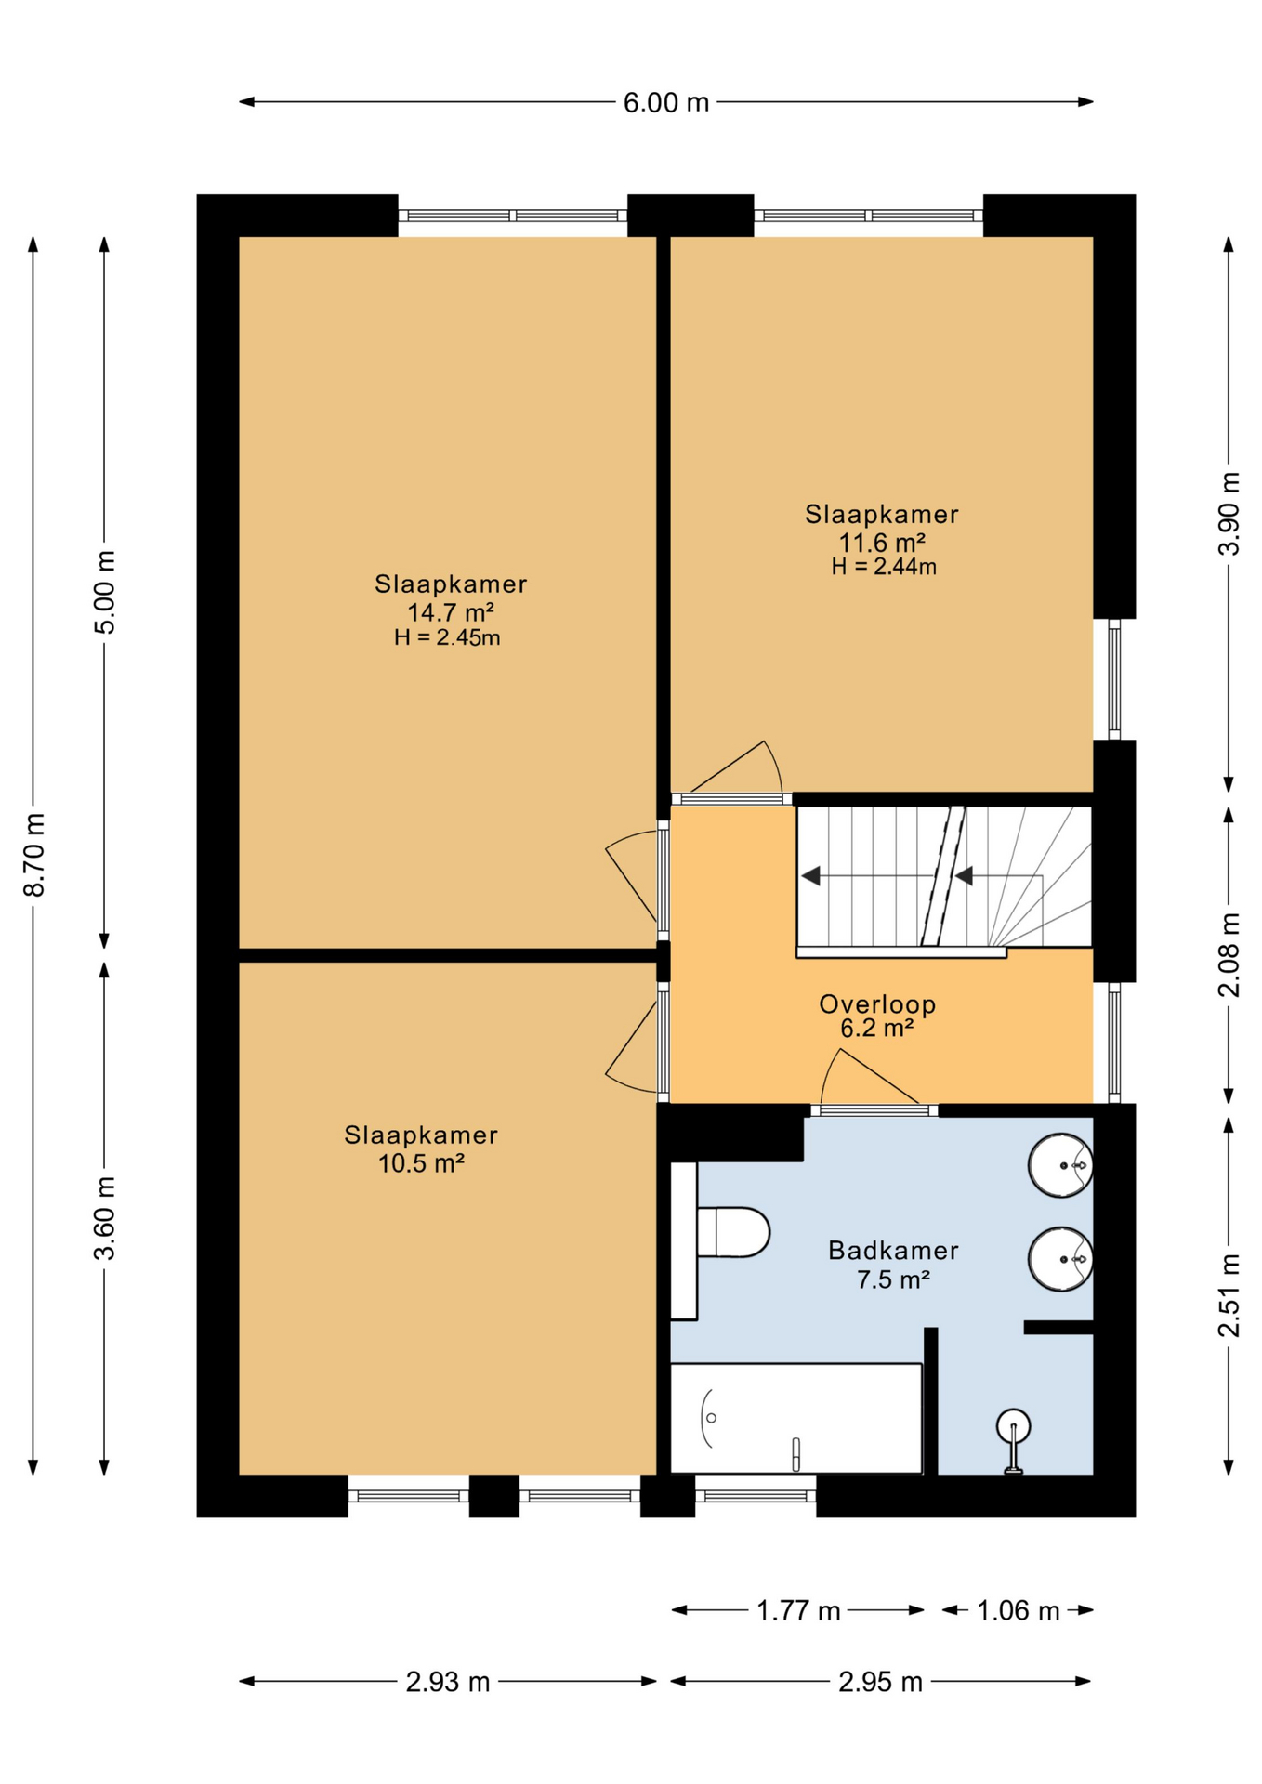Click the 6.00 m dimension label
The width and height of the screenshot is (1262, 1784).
[665, 102]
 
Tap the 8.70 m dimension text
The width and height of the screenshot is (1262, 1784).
[34, 855]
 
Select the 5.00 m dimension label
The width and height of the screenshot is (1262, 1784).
[105, 592]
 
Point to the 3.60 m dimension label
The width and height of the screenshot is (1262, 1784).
[105, 1218]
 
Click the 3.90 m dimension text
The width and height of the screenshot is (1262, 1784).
[1229, 514]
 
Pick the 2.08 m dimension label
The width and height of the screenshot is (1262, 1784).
[1229, 954]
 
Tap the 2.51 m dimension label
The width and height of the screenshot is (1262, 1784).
[1229, 1295]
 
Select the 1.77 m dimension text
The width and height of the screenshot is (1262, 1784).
[798, 1610]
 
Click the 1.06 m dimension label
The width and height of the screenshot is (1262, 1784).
[1018, 1610]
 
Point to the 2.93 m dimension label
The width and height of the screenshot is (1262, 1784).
[448, 1682]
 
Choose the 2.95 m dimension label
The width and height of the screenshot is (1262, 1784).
[880, 1682]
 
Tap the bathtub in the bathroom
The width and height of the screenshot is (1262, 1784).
[796, 1418]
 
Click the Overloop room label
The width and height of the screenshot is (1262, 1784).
[877, 1003]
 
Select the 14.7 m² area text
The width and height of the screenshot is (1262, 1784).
[450, 612]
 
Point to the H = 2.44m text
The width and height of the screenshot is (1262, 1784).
[884, 567]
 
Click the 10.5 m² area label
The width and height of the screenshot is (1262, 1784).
[421, 1163]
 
